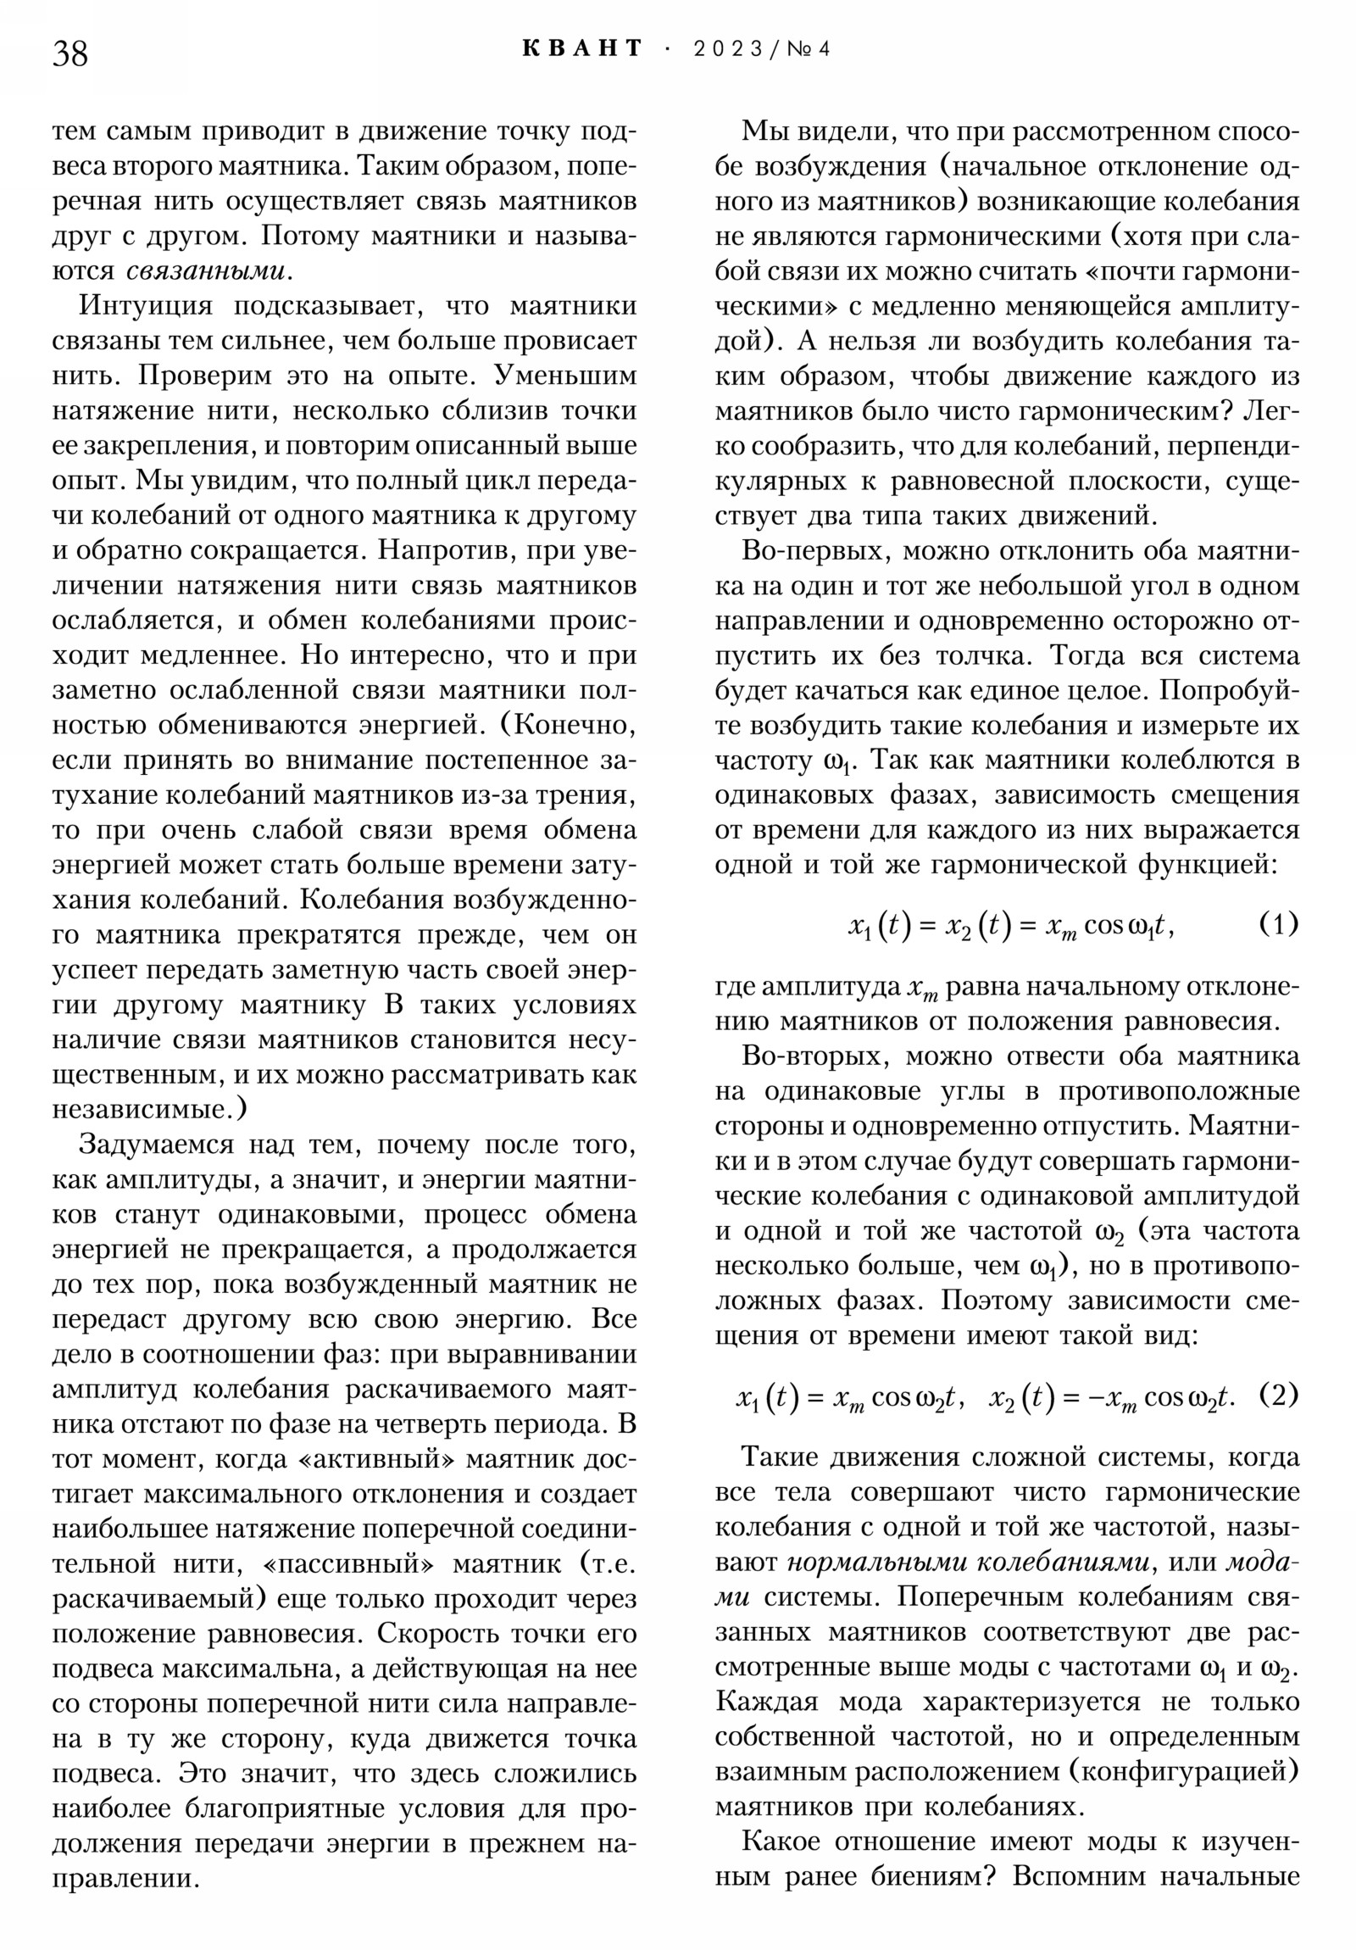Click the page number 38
click(70, 53)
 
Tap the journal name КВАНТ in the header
click(582, 48)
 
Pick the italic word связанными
click(204, 271)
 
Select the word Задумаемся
click(156, 1145)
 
